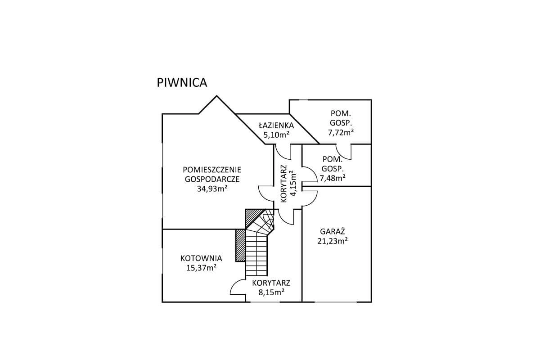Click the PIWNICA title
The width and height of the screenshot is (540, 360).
pyautogui.click(x=182, y=83)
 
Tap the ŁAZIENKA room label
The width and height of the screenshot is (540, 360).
pyautogui.click(x=276, y=126)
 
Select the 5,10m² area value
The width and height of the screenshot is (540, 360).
pyautogui.click(x=276, y=135)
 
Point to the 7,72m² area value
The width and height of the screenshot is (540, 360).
pyautogui.click(x=341, y=132)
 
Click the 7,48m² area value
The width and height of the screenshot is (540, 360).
pyautogui.click(x=333, y=178)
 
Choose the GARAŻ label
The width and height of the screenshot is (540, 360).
pyautogui.click(x=333, y=231)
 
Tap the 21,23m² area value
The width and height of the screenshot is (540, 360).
pyautogui.click(x=333, y=241)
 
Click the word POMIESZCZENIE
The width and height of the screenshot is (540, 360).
pyautogui.click(x=212, y=170)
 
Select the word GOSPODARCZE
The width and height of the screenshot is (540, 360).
pyautogui.click(x=212, y=179)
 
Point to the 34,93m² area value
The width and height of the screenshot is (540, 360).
pyautogui.click(x=212, y=189)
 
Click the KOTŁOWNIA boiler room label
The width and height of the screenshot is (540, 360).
pyautogui.click(x=201, y=258)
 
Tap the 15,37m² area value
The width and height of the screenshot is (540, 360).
pyautogui.click(x=201, y=268)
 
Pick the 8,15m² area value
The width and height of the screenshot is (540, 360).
pyautogui.click(x=271, y=292)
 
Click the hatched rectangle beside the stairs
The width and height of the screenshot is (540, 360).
pyautogui.click(x=240, y=245)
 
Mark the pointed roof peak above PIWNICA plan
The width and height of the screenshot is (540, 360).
pyautogui.click(x=216, y=96)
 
